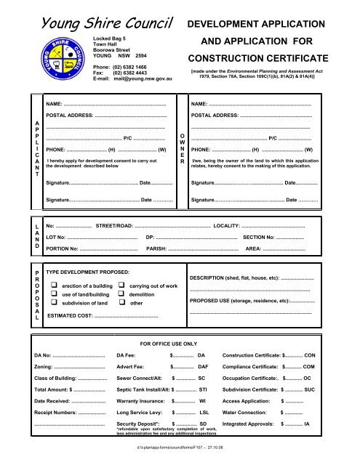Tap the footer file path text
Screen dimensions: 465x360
(180, 458)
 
